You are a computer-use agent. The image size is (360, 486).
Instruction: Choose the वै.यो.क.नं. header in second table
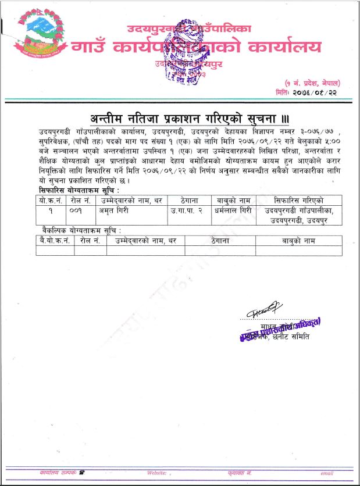(55, 240)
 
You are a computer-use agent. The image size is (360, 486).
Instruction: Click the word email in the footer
(327, 473)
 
